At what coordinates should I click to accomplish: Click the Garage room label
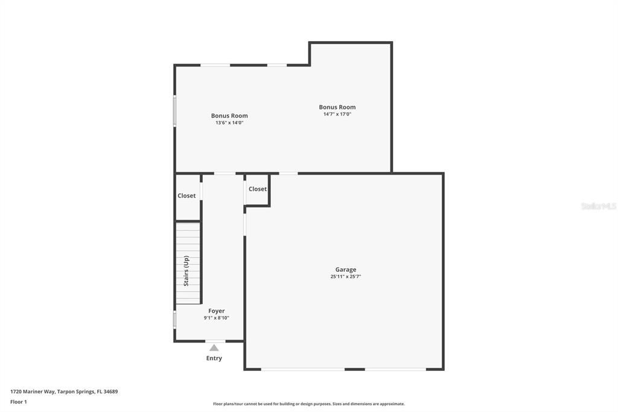(x=346, y=269)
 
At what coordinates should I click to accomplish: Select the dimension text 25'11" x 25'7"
(x=346, y=277)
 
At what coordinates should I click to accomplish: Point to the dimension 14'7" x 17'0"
(x=337, y=114)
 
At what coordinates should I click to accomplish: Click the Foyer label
(x=217, y=311)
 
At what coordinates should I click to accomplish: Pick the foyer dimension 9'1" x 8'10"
(x=217, y=318)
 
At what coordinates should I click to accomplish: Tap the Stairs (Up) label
(x=186, y=270)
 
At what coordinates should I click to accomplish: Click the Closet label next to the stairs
(x=186, y=196)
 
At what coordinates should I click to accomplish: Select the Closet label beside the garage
(x=258, y=189)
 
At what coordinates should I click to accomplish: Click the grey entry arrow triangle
(x=214, y=347)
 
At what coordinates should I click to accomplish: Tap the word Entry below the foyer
(x=214, y=358)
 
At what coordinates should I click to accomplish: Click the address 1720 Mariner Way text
(x=64, y=391)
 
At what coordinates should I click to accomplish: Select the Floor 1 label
(x=19, y=402)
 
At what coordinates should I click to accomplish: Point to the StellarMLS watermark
(x=598, y=206)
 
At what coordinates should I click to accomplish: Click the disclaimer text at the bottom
(x=309, y=404)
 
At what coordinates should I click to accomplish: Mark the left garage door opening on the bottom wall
(x=303, y=369)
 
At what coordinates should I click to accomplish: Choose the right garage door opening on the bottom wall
(x=395, y=369)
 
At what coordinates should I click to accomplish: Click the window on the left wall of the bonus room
(x=175, y=111)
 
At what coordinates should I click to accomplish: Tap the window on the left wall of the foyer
(x=175, y=320)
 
